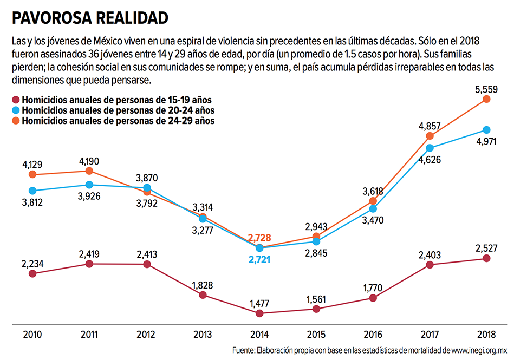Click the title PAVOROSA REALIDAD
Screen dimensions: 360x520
coord(90,17)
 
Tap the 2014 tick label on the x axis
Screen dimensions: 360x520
coord(259,334)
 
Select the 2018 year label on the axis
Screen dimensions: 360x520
coord(486,334)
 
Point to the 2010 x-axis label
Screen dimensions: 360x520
coord(32,334)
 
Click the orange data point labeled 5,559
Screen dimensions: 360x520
coord(486,99)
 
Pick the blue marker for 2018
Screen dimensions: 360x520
coord(486,130)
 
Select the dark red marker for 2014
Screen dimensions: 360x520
coord(259,313)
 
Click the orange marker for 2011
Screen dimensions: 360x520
coord(89,171)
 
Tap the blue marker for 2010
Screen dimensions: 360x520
coord(32,191)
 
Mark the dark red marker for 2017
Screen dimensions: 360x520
coord(430,265)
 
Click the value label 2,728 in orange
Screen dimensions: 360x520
coord(259,238)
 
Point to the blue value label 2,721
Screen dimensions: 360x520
coord(259,260)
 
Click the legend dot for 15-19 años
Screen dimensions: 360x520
coord(16,100)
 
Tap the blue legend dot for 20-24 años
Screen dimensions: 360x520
coord(16,110)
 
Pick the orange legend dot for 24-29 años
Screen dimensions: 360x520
coord(16,121)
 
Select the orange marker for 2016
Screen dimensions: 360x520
coord(373,201)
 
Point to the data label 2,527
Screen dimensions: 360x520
coord(486,248)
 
